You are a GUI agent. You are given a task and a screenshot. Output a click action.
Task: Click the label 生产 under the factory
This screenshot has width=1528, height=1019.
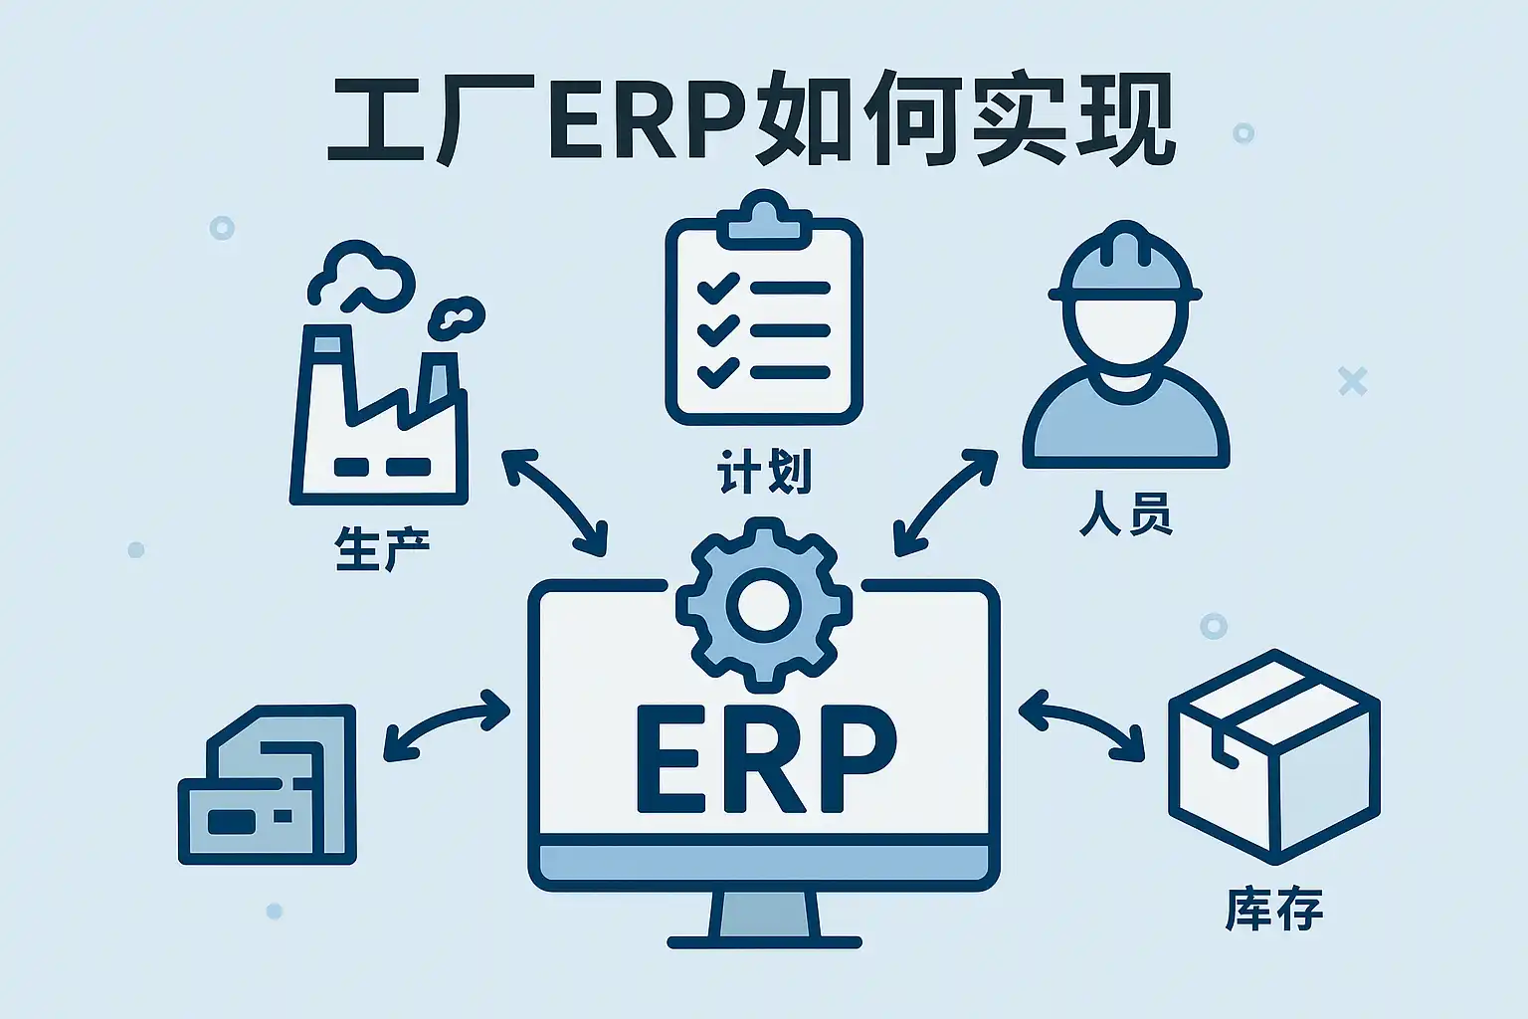(x=382, y=550)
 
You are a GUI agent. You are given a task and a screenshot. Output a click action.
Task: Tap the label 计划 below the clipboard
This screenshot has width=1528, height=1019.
(x=764, y=472)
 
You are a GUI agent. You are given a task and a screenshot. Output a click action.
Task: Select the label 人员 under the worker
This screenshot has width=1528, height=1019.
(x=1125, y=514)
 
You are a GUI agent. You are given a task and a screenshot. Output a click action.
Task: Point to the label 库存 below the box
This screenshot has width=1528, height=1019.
(x=1273, y=910)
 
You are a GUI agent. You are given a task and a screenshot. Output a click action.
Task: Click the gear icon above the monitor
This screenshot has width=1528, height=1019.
(x=763, y=604)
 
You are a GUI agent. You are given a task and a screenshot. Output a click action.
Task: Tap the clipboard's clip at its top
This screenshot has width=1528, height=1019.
(x=764, y=221)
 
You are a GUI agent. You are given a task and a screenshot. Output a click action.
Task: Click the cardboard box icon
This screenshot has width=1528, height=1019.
(x=1273, y=756)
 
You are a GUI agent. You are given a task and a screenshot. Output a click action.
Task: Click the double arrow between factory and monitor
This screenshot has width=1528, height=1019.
(x=554, y=501)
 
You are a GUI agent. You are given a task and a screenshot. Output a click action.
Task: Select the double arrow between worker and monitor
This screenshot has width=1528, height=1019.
(x=944, y=501)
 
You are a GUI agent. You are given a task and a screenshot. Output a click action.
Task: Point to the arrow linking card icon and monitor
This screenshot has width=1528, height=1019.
(x=447, y=726)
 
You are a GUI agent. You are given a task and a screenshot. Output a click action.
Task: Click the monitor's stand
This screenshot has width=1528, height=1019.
(x=764, y=917)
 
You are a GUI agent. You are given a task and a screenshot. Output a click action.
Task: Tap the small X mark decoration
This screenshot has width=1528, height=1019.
(x=1352, y=381)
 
